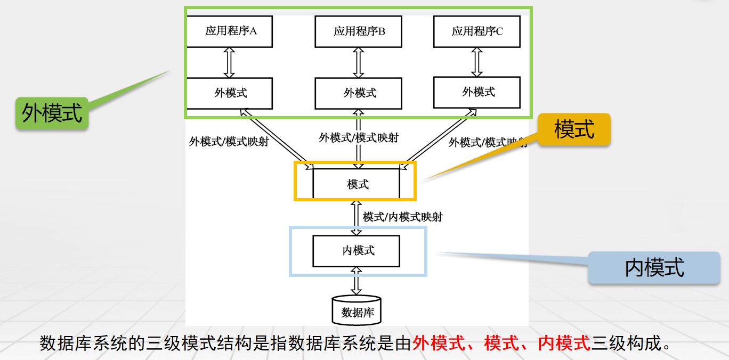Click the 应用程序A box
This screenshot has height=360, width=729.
point(230,31)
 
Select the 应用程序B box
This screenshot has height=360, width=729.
point(358,31)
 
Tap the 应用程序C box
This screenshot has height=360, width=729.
point(476,31)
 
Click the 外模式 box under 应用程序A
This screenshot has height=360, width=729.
point(230,93)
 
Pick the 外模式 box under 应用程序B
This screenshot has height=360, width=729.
point(358,93)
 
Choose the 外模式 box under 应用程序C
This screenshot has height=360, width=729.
point(476,92)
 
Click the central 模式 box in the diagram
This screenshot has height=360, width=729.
point(356,184)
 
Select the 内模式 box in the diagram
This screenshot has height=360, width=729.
point(356,250)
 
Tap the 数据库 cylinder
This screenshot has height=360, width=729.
point(357,310)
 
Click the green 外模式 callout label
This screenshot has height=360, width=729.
point(52,113)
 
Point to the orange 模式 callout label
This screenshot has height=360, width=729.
point(574,129)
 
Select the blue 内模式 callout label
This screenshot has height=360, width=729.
point(654,267)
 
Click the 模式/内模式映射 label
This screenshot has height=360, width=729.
point(402,217)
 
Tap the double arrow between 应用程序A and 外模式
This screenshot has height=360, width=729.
point(229,62)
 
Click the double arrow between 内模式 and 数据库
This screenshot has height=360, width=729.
point(356,281)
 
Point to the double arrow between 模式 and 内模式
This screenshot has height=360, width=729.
point(356,218)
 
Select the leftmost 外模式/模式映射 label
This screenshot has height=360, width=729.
point(229,142)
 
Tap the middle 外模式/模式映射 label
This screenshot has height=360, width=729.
point(358,137)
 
